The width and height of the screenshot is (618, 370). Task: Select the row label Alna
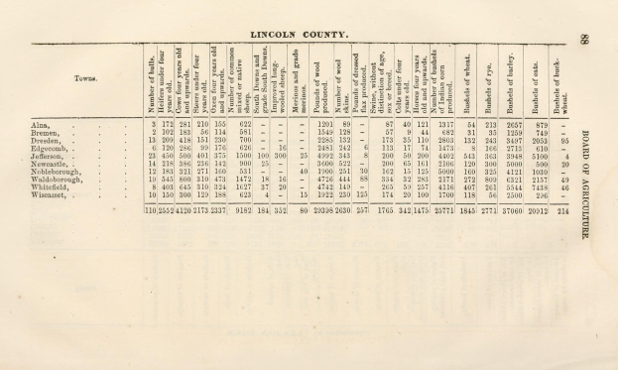tap(41, 124)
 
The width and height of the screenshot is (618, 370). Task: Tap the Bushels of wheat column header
tap(468, 80)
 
